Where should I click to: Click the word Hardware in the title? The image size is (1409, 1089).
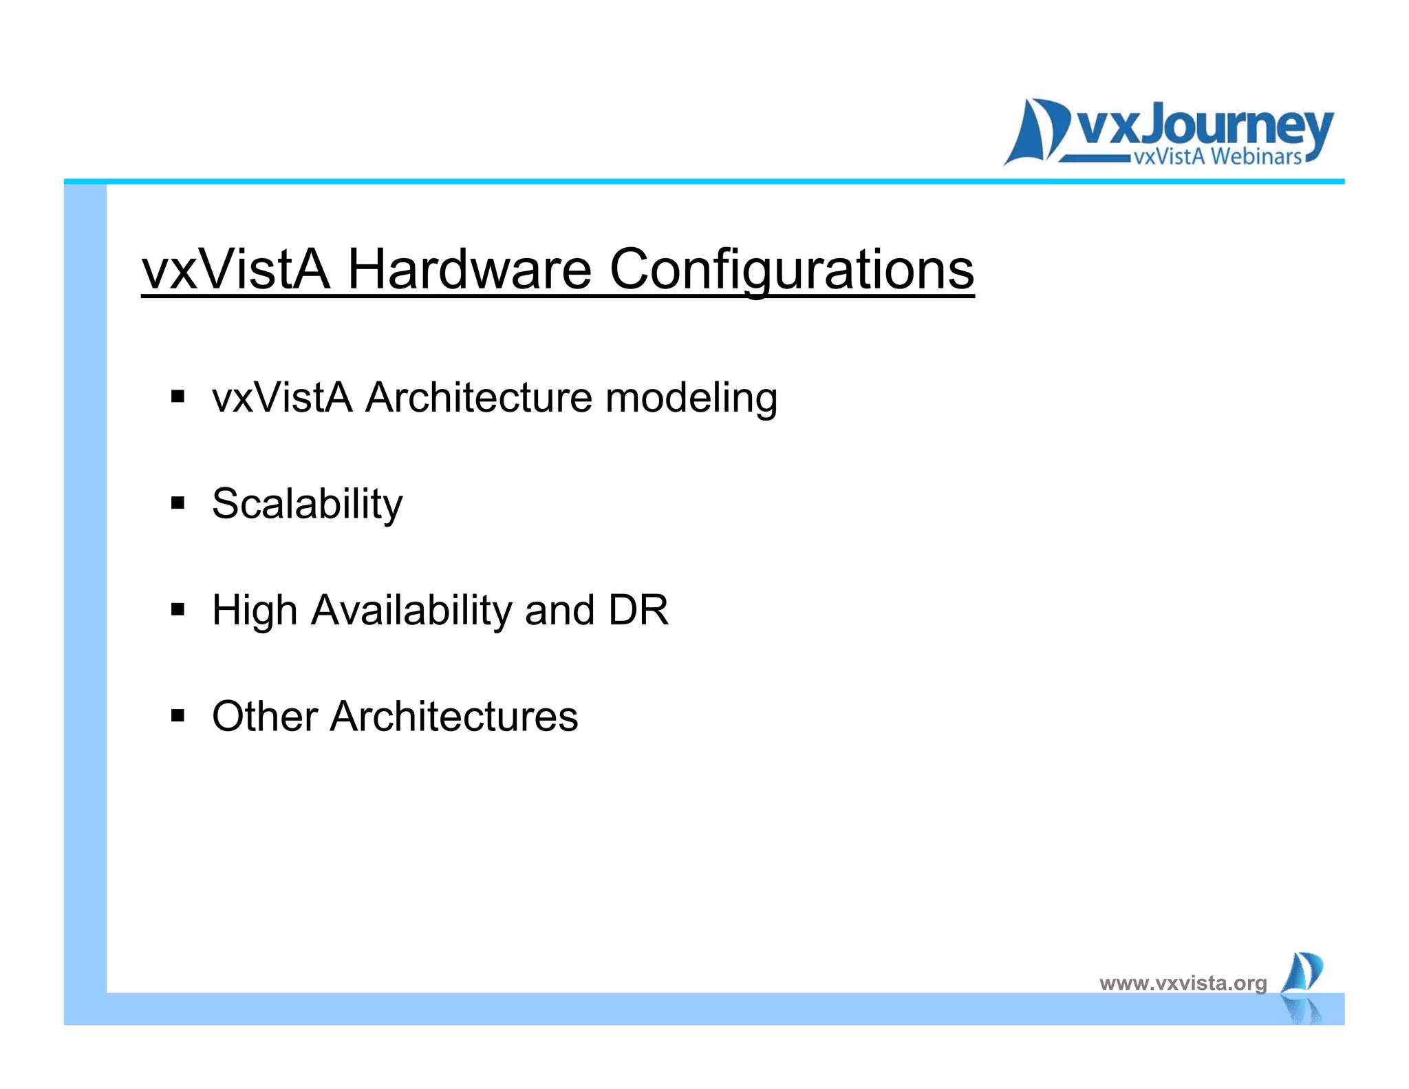tap(469, 269)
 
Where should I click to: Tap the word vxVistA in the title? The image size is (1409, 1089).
tap(236, 269)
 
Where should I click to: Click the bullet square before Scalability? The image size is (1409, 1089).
tap(178, 503)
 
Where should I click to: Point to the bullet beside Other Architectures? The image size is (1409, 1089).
tap(178, 716)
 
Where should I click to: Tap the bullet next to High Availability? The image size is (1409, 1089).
tap(178, 609)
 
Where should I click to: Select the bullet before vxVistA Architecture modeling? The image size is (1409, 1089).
tap(178, 397)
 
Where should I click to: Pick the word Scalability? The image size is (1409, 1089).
tap(307, 505)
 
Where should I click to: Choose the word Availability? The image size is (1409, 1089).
tap(411, 611)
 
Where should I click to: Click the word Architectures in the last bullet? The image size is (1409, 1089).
tap(454, 716)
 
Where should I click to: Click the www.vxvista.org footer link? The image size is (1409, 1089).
tap(1183, 983)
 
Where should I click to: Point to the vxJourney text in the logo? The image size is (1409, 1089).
tap(1204, 127)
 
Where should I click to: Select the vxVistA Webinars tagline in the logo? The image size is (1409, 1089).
tap(1217, 157)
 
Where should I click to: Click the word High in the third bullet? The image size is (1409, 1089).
tap(255, 610)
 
